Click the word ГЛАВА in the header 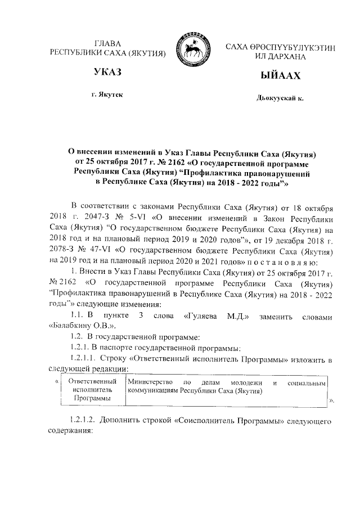107,44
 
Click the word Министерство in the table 148,382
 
